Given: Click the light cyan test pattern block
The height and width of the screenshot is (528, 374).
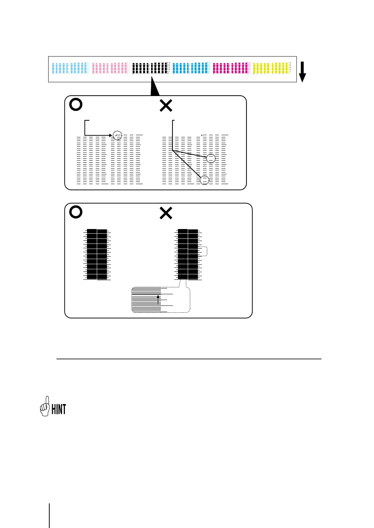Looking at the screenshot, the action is (x=70, y=68).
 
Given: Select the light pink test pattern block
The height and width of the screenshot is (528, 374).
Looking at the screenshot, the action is (x=111, y=68).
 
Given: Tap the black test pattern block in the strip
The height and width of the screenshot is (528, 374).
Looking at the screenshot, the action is (x=151, y=68).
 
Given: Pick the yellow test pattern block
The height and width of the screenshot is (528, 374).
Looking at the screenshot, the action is (x=271, y=68).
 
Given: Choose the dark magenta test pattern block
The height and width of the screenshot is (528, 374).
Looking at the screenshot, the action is (x=231, y=68).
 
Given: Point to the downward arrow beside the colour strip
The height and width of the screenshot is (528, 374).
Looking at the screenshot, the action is (x=302, y=72).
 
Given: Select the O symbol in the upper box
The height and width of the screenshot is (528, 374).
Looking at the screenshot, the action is (x=76, y=105).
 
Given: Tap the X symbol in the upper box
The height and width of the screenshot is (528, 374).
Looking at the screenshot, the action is (x=166, y=106).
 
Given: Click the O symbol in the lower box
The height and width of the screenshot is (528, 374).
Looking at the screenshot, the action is (x=76, y=212).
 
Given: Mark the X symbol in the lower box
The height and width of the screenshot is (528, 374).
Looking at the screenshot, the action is (x=166, y=213).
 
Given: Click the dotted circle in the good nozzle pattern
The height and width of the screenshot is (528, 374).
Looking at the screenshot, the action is (x=117, y=136).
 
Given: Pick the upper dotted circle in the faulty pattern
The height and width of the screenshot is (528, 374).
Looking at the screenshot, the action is (x=211, y=158).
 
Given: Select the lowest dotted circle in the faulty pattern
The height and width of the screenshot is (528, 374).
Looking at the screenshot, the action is (x=205, y=180).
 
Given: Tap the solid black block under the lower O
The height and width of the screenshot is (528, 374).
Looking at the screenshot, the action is (x=97, y=254).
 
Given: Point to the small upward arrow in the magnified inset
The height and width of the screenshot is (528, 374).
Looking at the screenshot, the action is (x=158, y=300).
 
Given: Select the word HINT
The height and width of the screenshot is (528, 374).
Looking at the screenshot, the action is (x=59, y=409).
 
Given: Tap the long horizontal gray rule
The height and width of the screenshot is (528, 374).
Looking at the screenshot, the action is (x=189, y=359).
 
